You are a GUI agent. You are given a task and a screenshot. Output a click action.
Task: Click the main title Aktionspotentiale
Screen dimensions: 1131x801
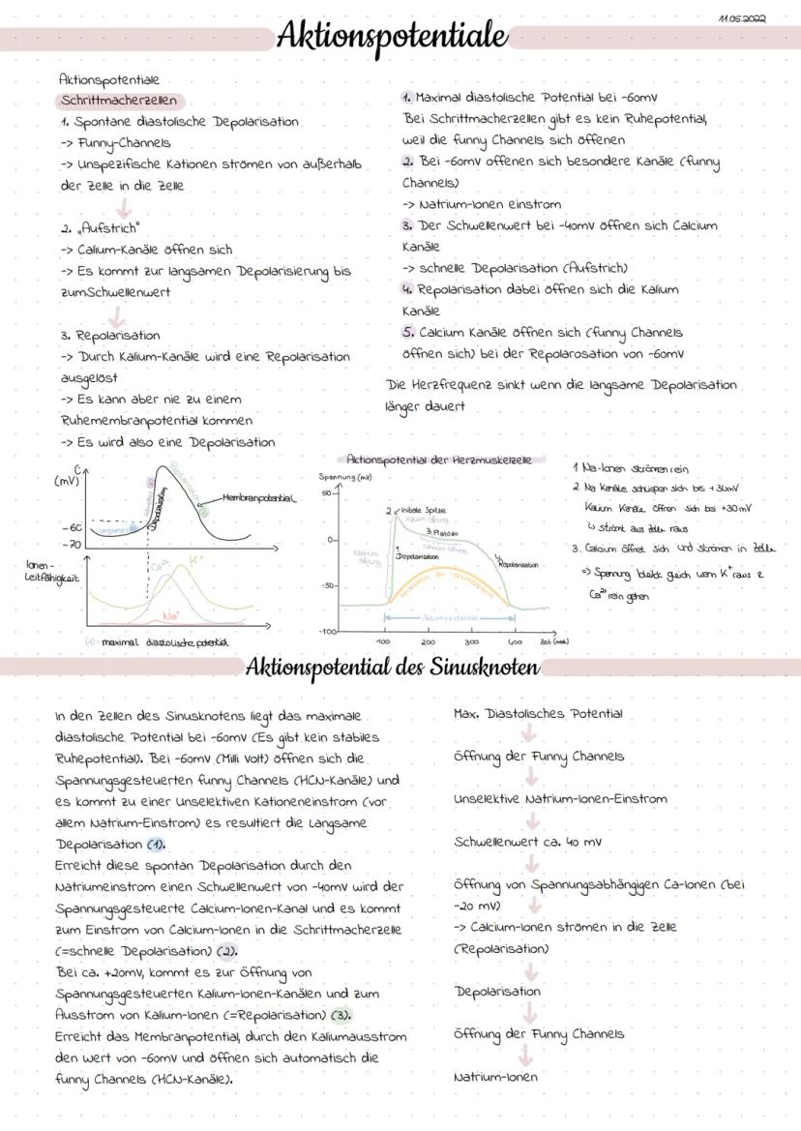coord(392,37)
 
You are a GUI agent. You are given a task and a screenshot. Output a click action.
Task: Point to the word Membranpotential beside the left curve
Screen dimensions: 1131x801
coord(259,498)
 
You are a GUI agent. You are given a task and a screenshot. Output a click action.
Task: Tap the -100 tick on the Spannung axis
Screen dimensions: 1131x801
coord(329,630)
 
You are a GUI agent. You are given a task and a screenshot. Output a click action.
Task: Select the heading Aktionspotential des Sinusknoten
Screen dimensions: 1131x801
coord(392,668)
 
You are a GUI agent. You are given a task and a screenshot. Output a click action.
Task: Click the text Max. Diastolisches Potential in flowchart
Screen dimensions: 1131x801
coord(539,715)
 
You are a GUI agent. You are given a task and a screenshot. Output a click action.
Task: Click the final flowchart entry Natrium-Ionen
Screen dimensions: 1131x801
coord(495,1076)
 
